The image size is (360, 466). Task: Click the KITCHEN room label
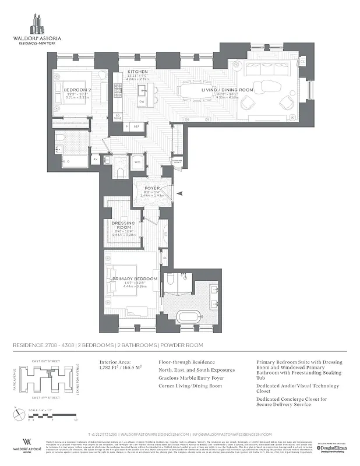(138, 72)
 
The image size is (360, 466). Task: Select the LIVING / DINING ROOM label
(227, 90)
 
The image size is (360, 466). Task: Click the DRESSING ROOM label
(123, 226)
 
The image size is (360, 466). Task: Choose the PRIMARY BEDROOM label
(135, 279)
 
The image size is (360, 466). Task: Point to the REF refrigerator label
(136, 126)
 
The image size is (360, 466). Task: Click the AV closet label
(96, 158)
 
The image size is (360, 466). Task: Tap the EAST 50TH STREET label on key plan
(45, 362)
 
